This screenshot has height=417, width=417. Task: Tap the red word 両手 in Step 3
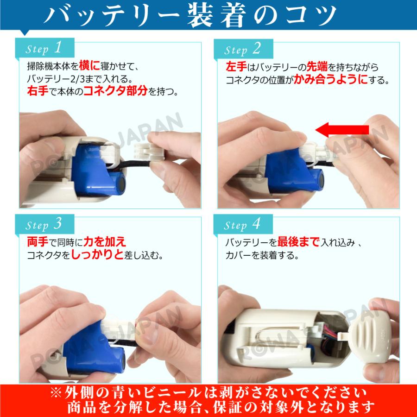click(36, 242)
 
